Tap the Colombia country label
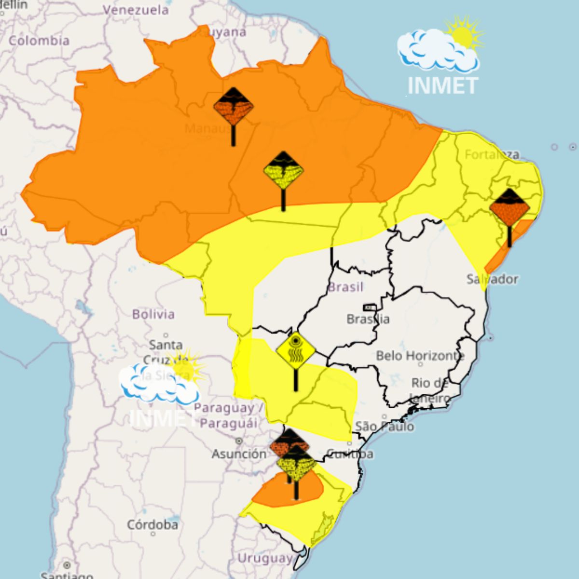pyautogui.click(x=39, y=41)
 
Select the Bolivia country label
pyautogui.click(x=153, y=314)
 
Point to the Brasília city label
pyautogui.click(x=368, y=319)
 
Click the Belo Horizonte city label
pyautogui.click(x=420, y=356)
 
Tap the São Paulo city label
pyautogui.click(x=385, y=426)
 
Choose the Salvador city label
pyautogui.click(x=492, y=279)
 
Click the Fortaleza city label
pyautogui.click(x=492, y=154)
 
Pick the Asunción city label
pyautogui.click(x=239, y=454)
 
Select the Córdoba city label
pyautogui.click(x=152, y=524)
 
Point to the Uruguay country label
pyautogui.click(x=265, y=559)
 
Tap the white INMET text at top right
pyautogui.click(x=442, y=85)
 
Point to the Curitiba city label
pyautogui.click(x=350, y=454)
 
